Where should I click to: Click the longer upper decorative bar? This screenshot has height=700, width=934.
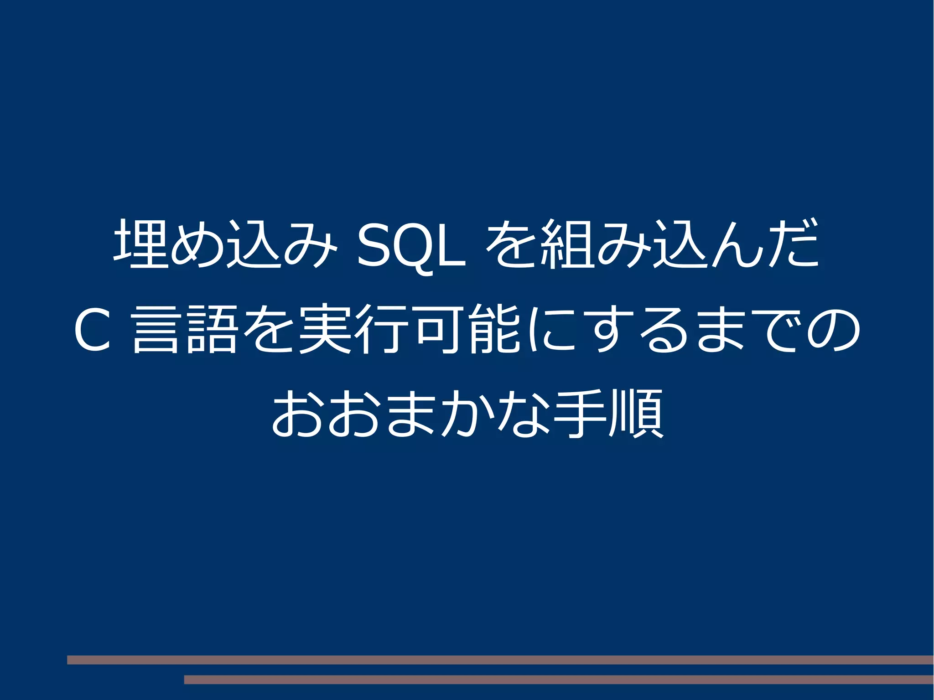(x=500, y=659)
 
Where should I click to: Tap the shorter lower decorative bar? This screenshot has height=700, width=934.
(x=559, y=679)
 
